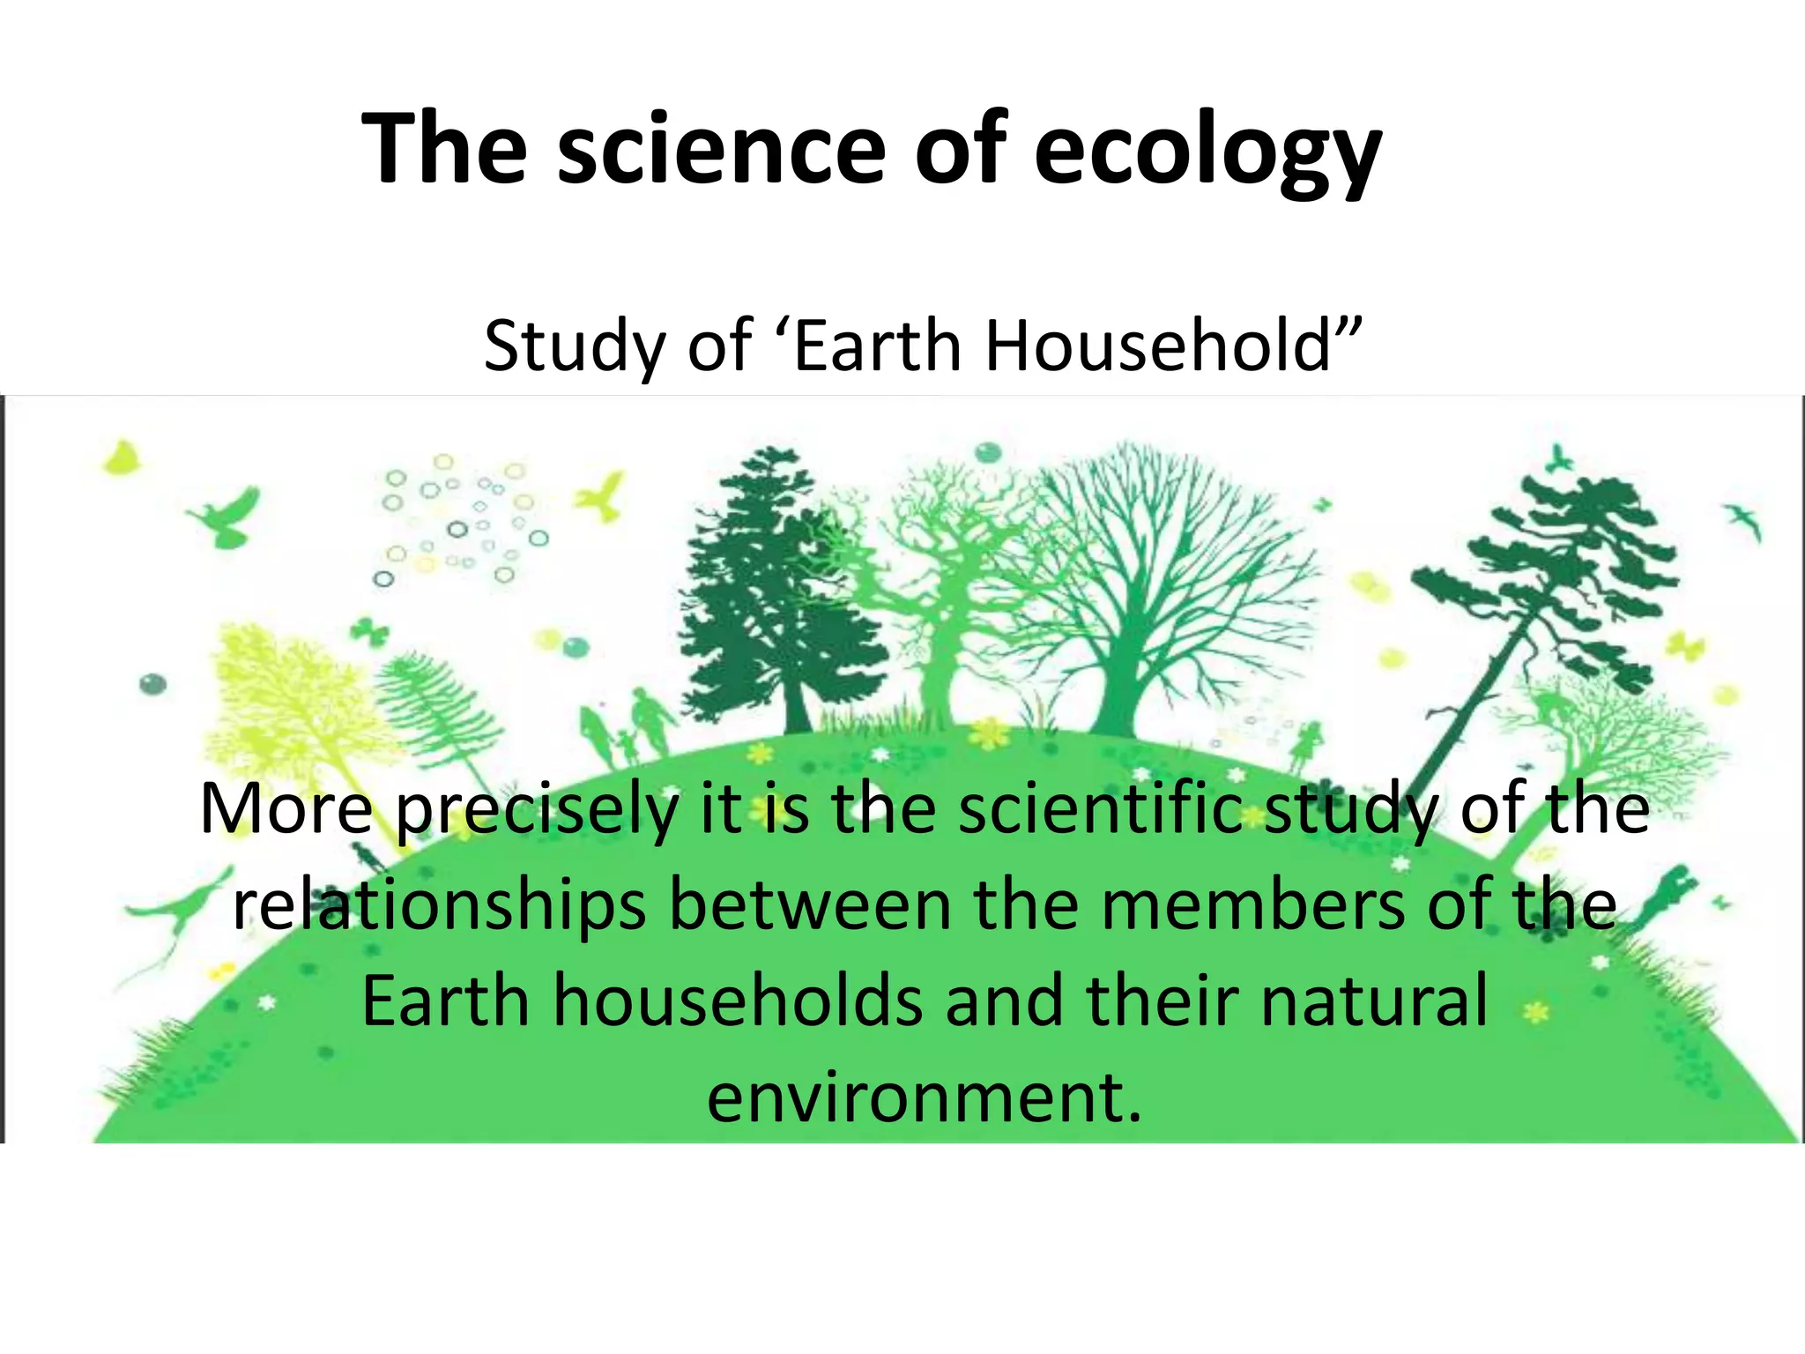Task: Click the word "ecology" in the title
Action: click(x=1207, y=150)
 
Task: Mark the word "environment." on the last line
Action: click(x=924, y=1098)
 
